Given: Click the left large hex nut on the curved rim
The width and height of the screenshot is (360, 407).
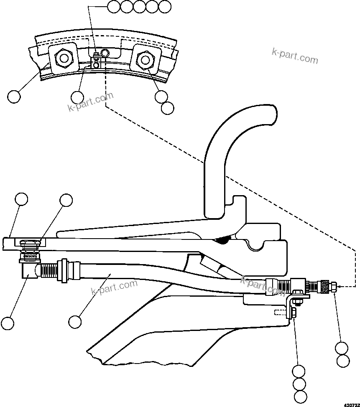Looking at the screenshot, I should click(64, 58).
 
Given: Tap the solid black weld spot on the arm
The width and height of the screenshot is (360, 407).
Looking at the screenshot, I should click(225, 240).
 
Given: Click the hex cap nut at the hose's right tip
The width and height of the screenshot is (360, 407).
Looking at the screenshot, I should click(334, 287).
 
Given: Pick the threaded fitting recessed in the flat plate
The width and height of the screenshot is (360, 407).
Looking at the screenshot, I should click(30, 244).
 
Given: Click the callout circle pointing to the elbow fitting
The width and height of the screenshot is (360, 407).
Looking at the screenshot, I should click(7, 323).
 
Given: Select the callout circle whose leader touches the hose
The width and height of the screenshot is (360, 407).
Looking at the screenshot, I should click(75, 322).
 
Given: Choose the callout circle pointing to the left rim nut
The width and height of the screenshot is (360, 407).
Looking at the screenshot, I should click(14, 97).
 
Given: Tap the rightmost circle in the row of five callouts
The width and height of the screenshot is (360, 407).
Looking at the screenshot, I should click(165, 6).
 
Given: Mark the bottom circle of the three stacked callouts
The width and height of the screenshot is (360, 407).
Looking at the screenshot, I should click(300, 396).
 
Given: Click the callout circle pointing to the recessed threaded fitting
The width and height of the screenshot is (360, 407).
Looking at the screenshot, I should click(66, 200).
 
